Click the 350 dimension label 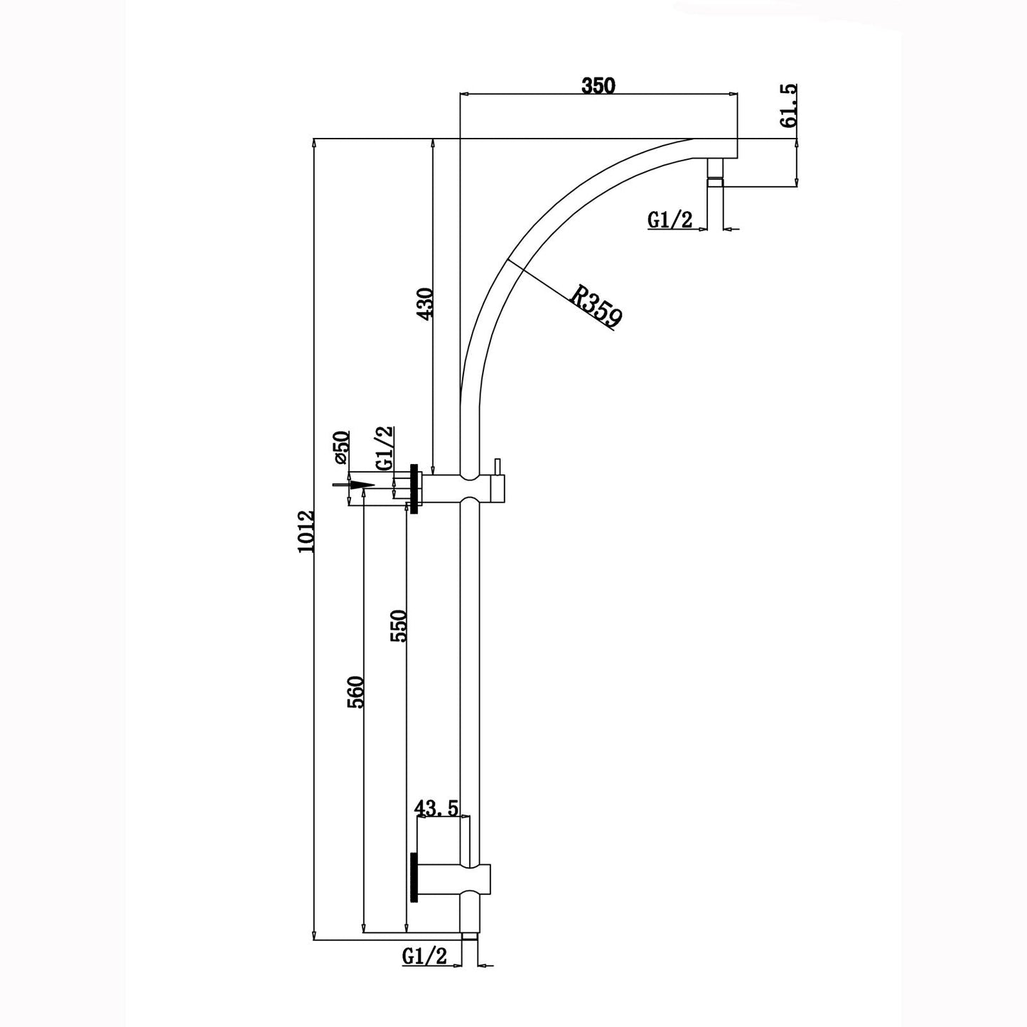597,86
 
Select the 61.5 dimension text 788,106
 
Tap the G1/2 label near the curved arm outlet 670,220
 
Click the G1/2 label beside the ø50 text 385,447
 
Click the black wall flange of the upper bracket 415,488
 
